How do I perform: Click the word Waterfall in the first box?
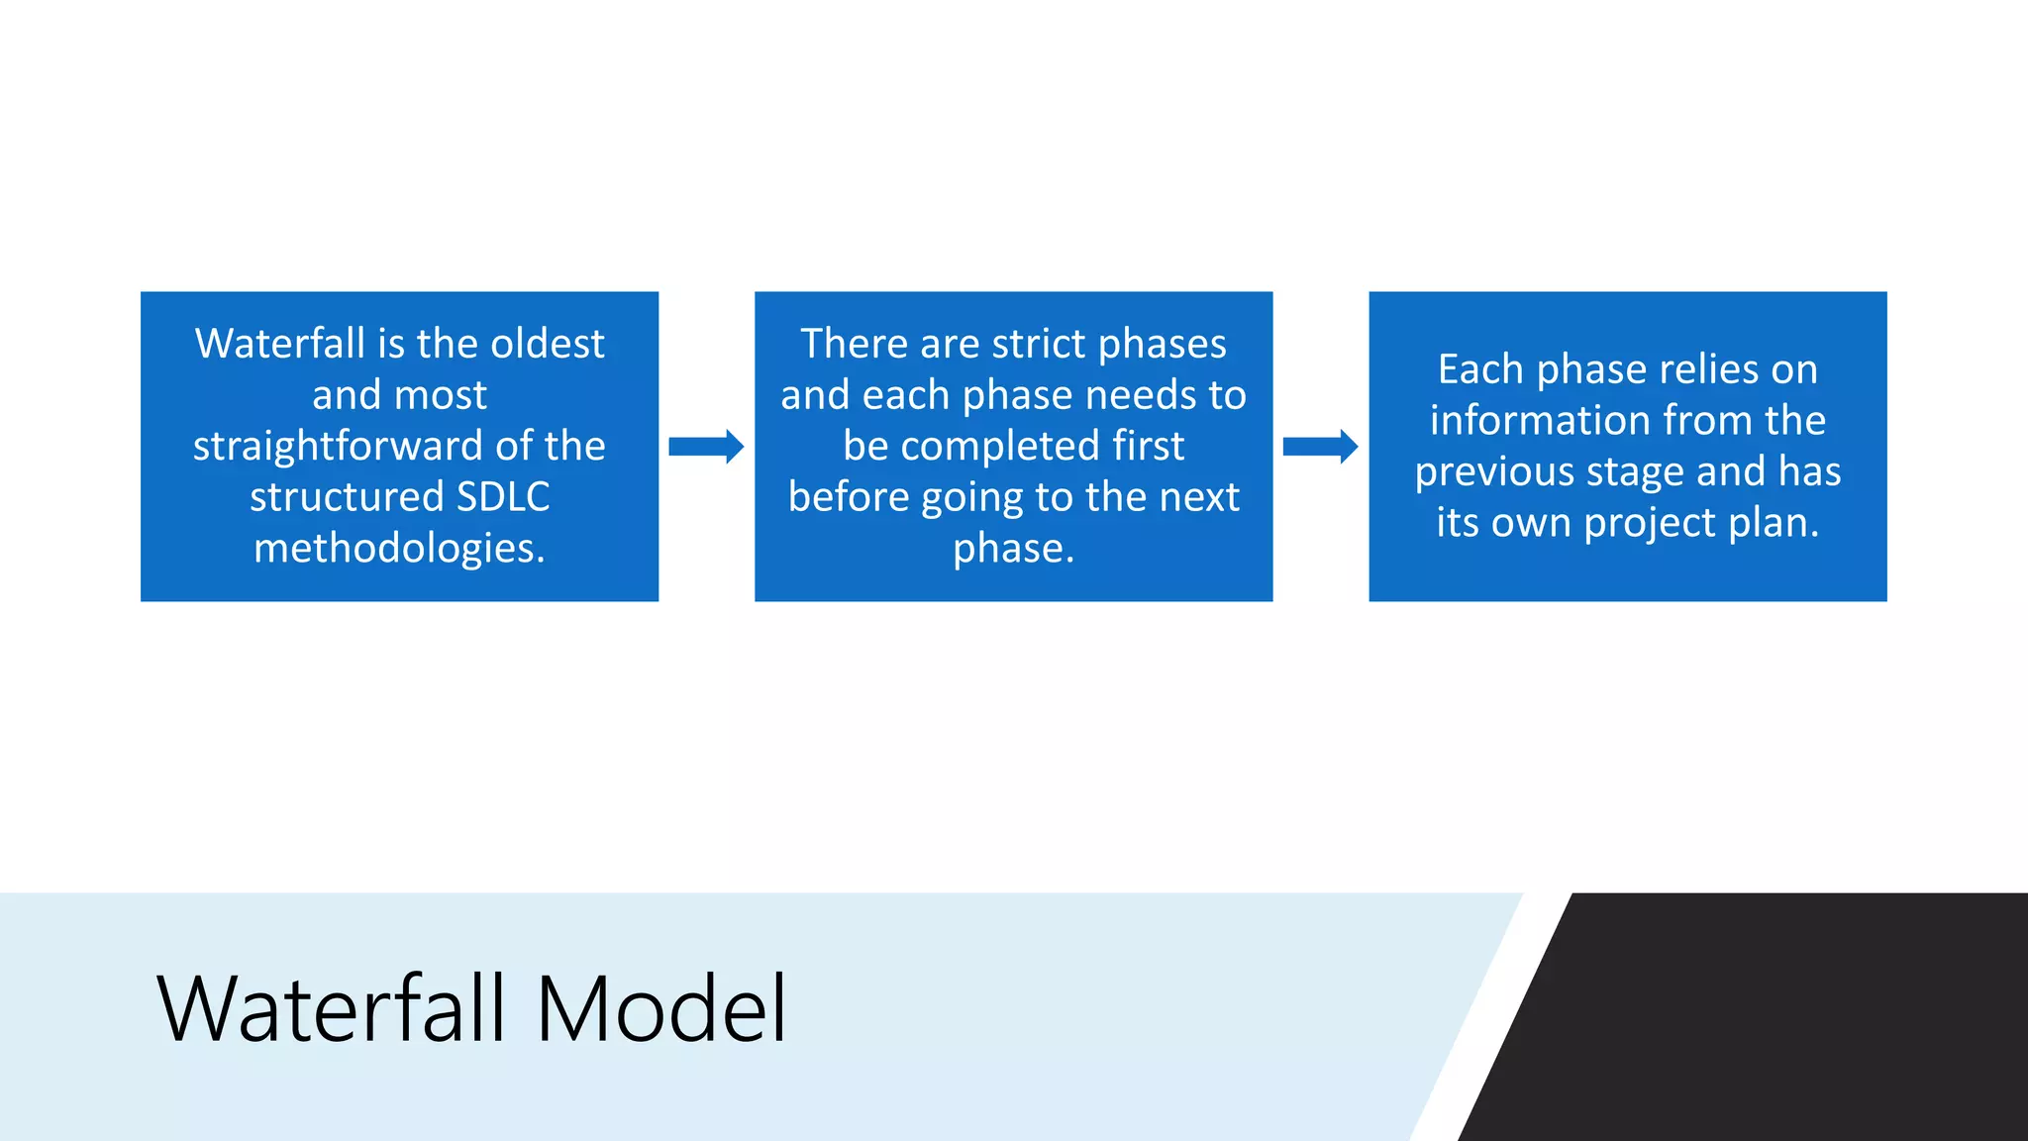pyautogui.click(x=280, y=344)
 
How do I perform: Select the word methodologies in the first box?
pyautogui.click(x=399, y=548)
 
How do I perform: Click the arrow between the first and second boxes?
pyautogui.click(x=706, y=447)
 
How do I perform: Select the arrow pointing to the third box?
pyautogui.click(x=1320, y=447)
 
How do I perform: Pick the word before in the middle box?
pyautogui.click(x=849, y=496)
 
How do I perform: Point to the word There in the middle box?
pyautogui.click(x=854, y=344)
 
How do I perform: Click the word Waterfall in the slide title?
pyautogui.click(x=332, y=1009)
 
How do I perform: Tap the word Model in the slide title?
pyautogui.click(x=660, y=1009)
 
